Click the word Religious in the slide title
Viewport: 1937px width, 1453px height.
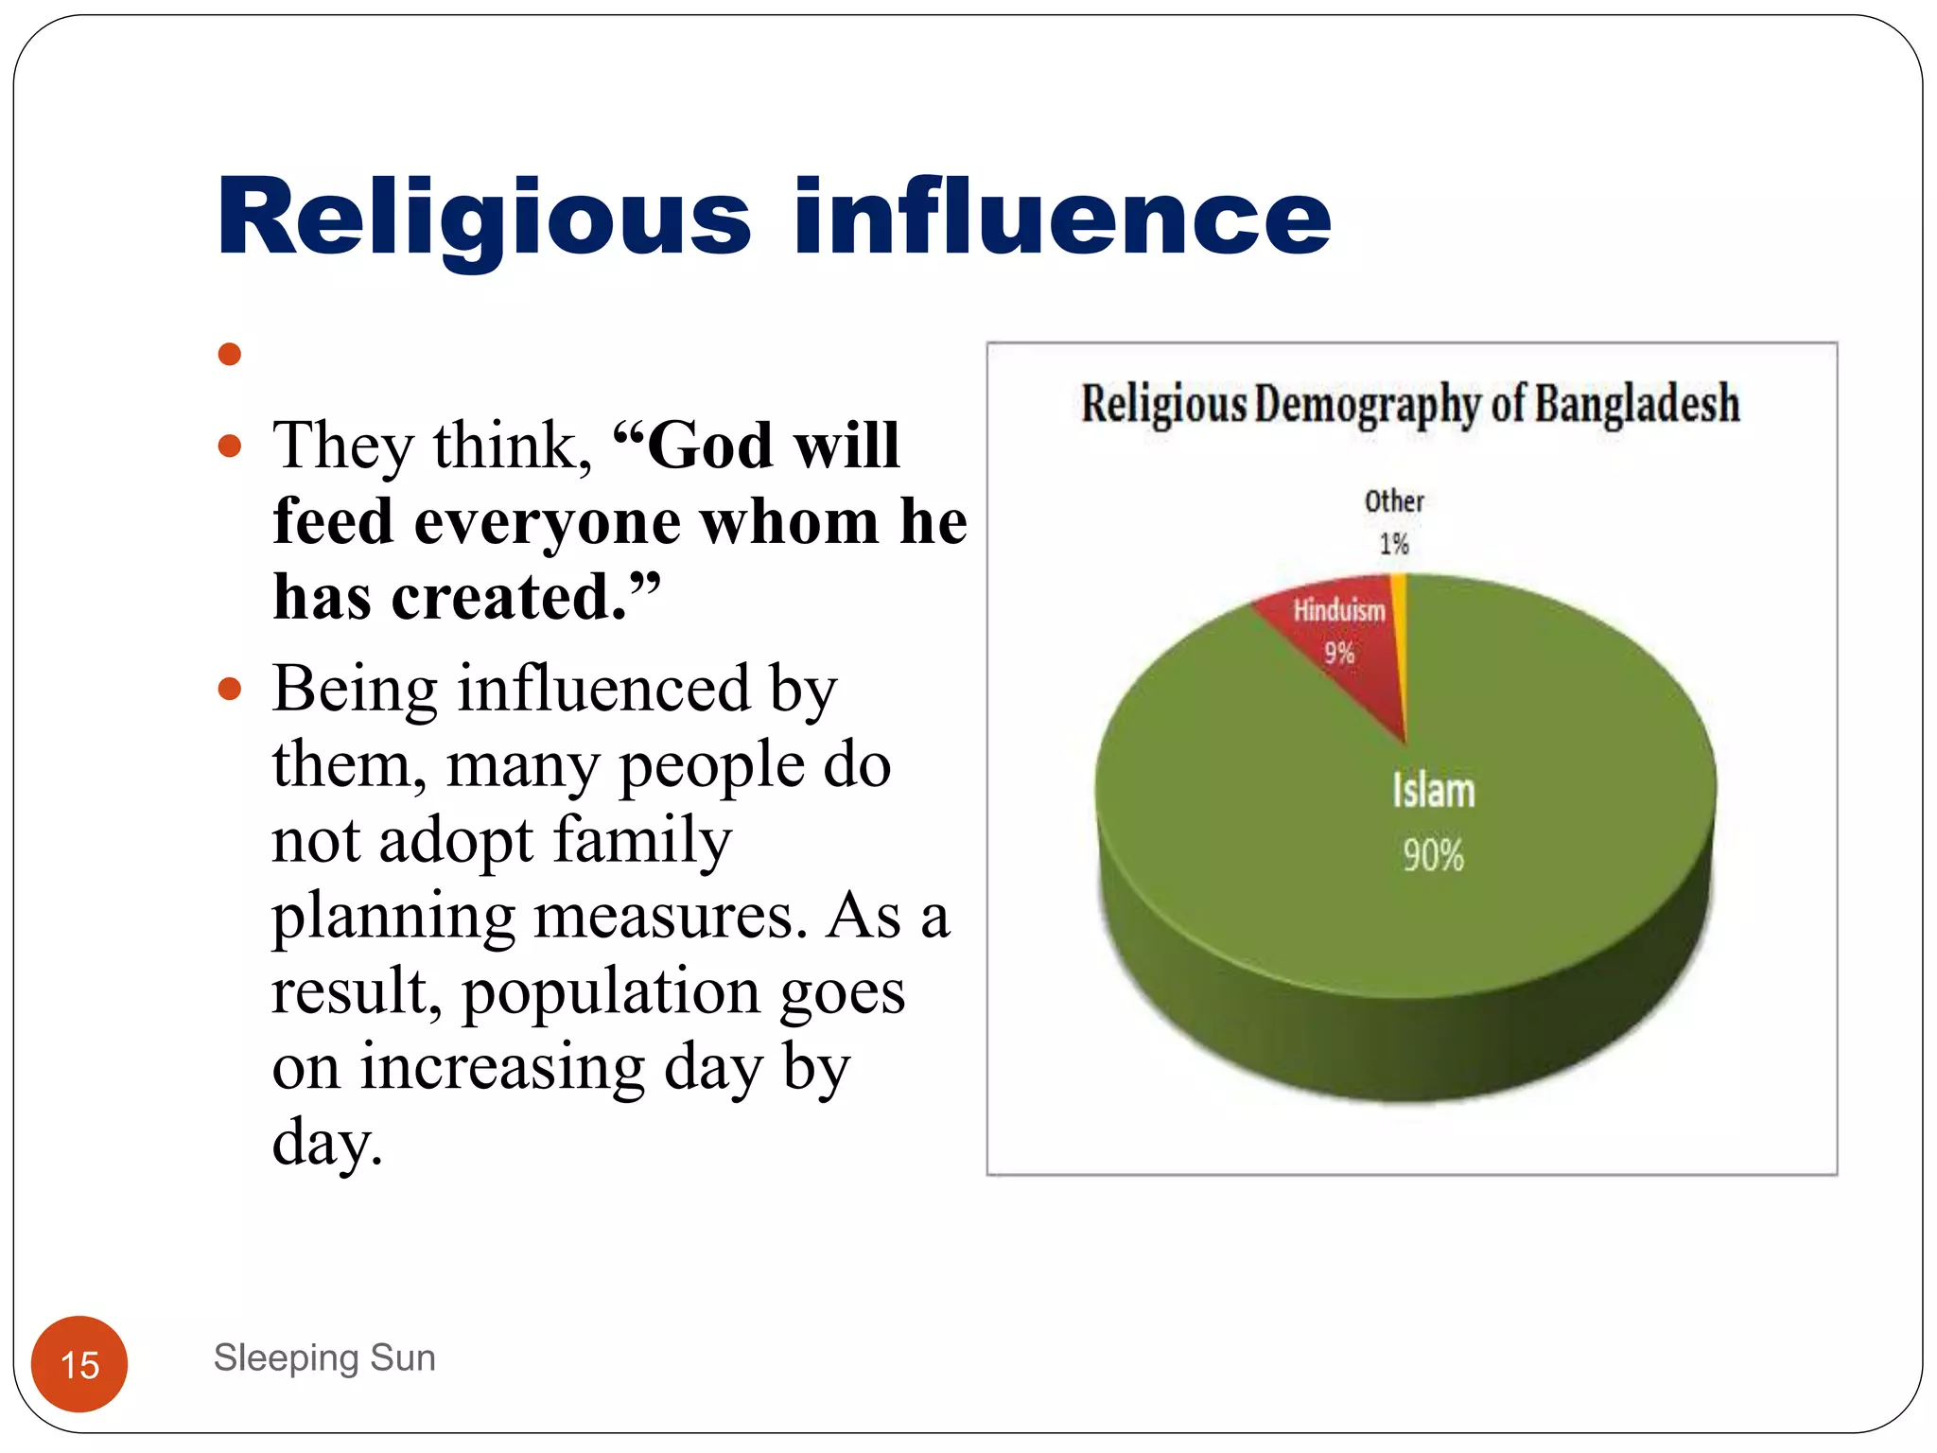(483, 219)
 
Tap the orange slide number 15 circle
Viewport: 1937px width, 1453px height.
(79, 1364)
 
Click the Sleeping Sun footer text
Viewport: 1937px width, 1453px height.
(324, 1357)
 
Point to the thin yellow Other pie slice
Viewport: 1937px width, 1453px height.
(1401, 643)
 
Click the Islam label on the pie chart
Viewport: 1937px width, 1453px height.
(1433, 791)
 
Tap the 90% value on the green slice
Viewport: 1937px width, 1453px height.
(1433, 855)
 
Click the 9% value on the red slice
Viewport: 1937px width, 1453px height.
(1339, 653)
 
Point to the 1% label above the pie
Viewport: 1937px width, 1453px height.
(1393, 544)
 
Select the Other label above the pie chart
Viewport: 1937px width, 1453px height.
(1393, 500)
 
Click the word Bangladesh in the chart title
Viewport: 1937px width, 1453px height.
(1636, 404)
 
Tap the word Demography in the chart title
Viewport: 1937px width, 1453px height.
(1368, 405)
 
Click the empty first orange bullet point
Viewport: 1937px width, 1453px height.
(229, 355)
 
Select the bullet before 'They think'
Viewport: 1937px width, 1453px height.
(229, 446)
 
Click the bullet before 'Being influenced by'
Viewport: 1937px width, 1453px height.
(229, 688)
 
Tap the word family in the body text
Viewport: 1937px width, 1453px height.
(642, 840)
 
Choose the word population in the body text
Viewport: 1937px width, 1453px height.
(611, 991)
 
